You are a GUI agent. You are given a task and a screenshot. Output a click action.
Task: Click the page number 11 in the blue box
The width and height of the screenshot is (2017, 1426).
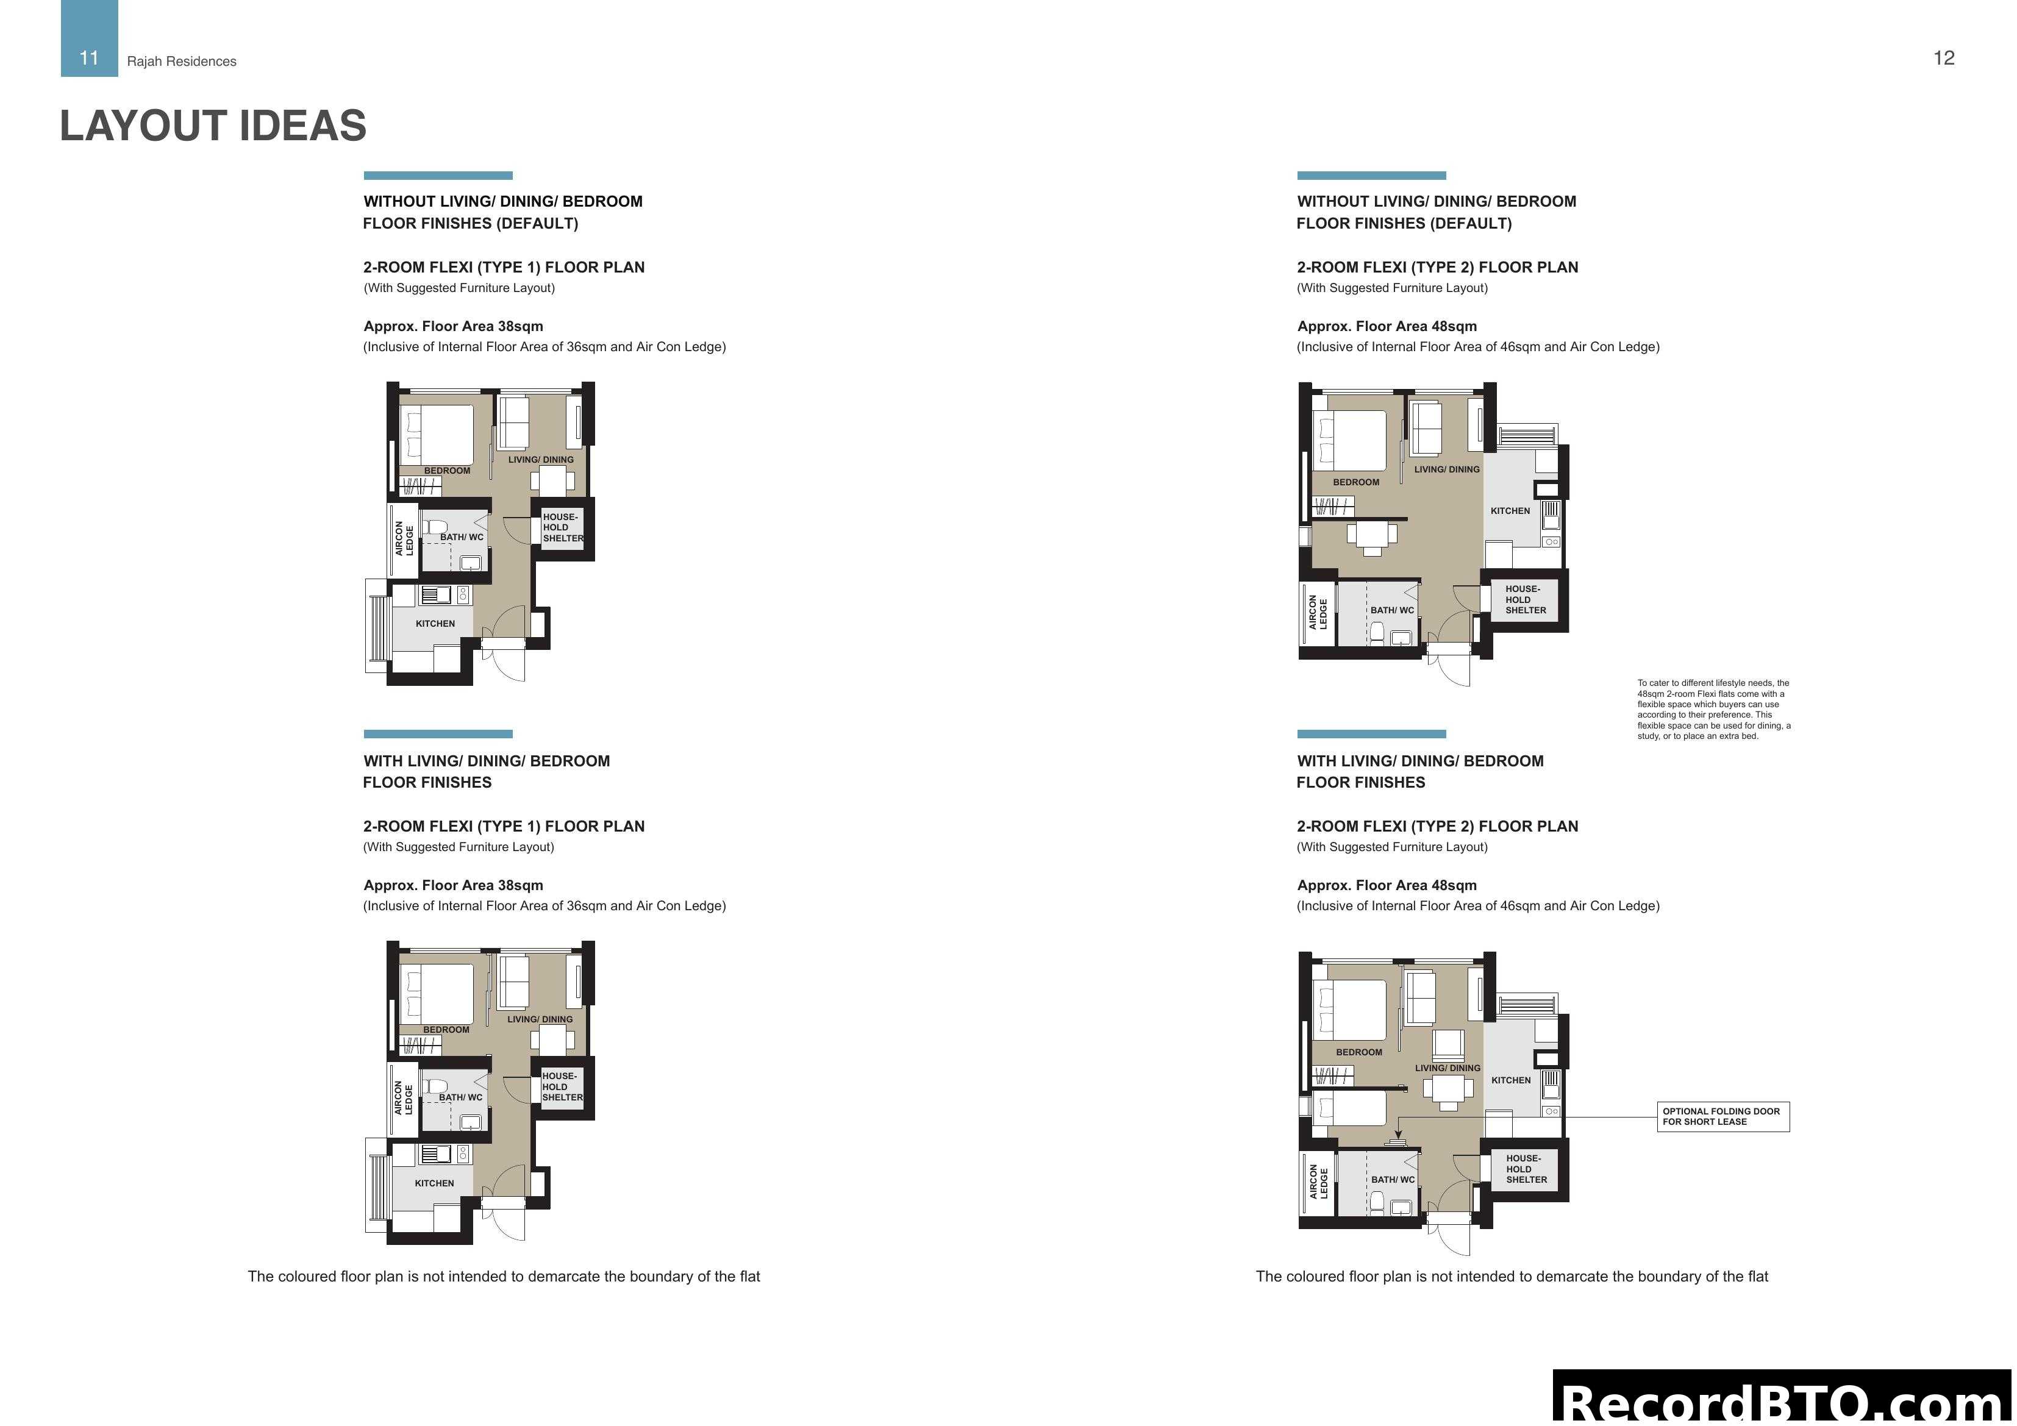pyautogui.click(x=89, y=58)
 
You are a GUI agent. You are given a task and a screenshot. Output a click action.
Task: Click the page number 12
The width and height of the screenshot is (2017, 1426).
pyautogui.click(x=1943, y=58)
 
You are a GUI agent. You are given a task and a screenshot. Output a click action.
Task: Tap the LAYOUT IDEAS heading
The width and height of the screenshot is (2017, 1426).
pyautogui.click(x=213, y=126)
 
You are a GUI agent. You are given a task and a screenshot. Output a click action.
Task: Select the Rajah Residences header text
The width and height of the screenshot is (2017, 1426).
pyautogui.click(x=182, y=62)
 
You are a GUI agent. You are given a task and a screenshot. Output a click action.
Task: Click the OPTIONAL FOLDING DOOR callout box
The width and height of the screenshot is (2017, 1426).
pyautogui.click(x=1722, y=1117)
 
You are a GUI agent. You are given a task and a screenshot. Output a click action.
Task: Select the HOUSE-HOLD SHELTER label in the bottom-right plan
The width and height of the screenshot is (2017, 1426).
pyautogui.click(x=1527, y=1169)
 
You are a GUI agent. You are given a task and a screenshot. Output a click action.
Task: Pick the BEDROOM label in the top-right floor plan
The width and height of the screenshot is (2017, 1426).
pyautogui.click(x=1355, y=482)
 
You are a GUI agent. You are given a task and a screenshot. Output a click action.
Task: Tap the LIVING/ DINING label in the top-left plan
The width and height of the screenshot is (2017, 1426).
pyautogui.click(x=540, y=460)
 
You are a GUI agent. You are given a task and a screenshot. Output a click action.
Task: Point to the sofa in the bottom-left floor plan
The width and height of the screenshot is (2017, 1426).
pyautogui.click(x=514, y=982)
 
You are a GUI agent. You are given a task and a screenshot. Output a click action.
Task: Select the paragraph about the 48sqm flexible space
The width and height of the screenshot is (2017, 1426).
pyautogui.click(x=1713, y=709)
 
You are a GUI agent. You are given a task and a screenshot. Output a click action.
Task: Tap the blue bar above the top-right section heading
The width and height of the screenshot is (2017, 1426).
pyautogui.click(x=1371, y=176)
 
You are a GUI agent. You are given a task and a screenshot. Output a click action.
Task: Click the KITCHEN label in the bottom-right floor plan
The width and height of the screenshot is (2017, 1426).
pyautogui.click(x=1510, y=1081)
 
